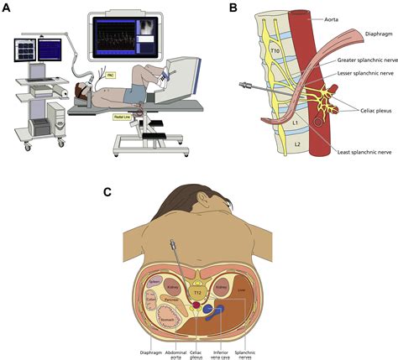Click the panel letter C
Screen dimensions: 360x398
point(107,192)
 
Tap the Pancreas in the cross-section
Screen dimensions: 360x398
point(173,296)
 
